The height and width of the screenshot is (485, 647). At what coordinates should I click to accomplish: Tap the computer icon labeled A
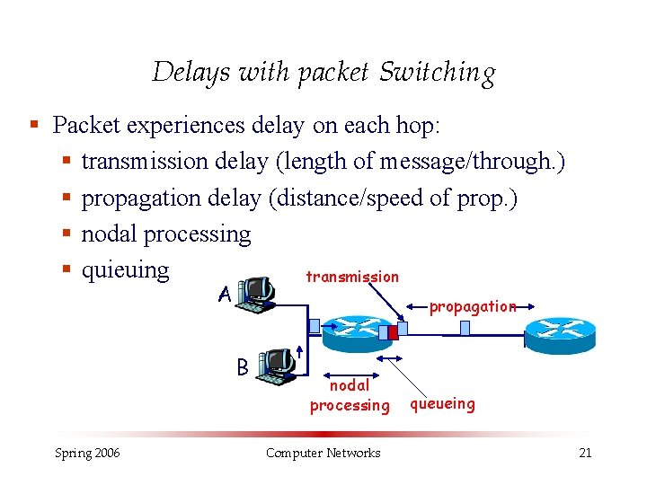click(255, 293)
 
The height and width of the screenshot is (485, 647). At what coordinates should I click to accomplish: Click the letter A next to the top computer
click(225, 294)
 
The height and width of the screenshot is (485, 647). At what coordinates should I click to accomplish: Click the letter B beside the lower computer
click(243, 366)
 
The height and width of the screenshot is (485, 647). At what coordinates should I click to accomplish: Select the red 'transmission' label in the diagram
click(352, 277)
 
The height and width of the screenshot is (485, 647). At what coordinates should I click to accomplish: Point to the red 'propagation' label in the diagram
click(472, 306)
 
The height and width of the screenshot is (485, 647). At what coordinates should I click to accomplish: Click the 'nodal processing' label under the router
click(350, 395)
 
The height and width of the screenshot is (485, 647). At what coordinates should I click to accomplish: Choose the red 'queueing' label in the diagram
click(442, 403)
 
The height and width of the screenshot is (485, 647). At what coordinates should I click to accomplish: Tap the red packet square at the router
click(393, 331)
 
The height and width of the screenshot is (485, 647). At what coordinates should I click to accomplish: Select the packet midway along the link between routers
click(465, 329)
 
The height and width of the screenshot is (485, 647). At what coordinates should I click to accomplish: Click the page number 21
click(584, 453)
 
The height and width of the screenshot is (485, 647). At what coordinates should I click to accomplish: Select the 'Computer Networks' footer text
click(323, 453)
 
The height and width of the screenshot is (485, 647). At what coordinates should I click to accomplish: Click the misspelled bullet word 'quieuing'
click(125, 269)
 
